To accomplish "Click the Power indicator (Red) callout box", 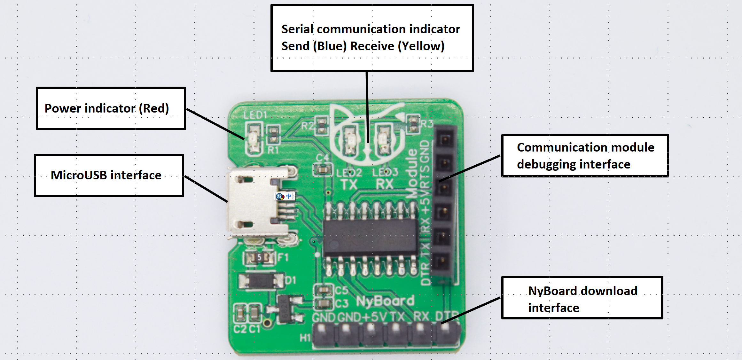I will pos(111,108).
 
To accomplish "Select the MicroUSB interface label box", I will pos(109,176).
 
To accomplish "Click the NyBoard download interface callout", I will pos(582,298).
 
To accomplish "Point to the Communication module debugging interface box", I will pos(585,156).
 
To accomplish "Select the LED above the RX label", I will pos(383,141).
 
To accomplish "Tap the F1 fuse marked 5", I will pos(259,257).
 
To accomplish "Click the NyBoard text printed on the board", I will pos(385,301).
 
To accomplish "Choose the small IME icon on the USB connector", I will pos(285,196).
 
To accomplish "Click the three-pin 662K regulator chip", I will pos(285,309).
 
